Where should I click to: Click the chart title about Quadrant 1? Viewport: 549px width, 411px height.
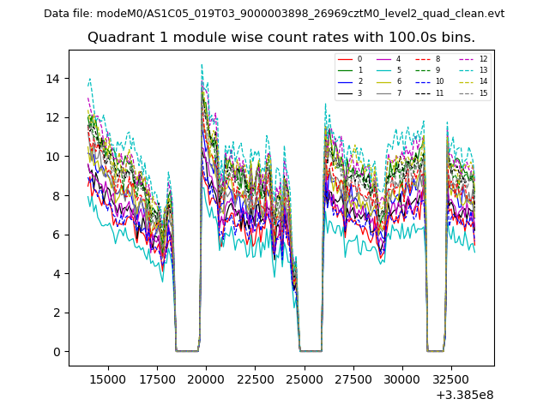pyautogui.click(x=281, y=38)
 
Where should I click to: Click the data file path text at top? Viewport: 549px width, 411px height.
pyautogui.click(x=274, y=14)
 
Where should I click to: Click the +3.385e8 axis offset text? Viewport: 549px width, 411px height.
pyautogui.click(x=464, y=395)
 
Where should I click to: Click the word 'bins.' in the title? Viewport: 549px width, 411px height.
pyautogui.click(x=456, y=38)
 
